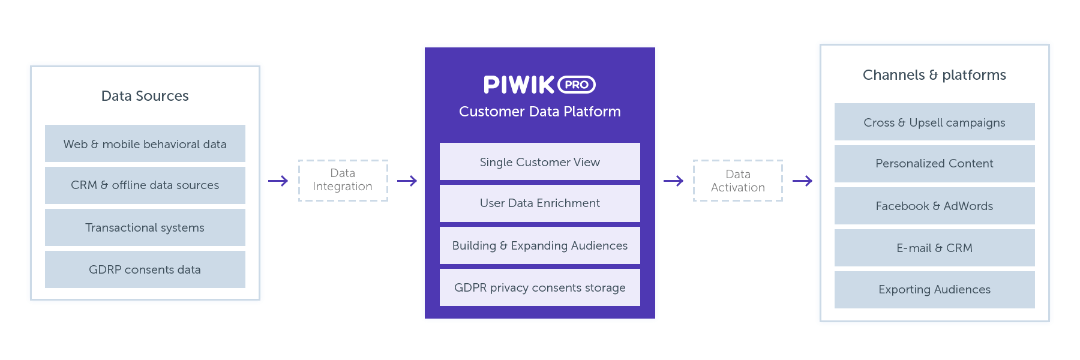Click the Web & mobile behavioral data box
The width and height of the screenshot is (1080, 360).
(145, 143)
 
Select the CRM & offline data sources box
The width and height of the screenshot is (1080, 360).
(145, 185)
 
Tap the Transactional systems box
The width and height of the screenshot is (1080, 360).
(145, 227)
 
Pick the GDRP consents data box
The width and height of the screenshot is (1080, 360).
(145, 269)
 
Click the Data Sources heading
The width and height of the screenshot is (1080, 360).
(145, 96)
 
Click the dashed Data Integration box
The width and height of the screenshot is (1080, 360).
(343, 180)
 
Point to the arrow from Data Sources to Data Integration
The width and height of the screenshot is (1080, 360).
(278, 181)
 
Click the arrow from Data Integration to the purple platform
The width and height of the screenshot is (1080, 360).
(407, 181)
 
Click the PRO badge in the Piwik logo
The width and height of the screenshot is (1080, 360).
(577, 85)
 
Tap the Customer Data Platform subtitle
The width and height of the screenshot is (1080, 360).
(539, 112)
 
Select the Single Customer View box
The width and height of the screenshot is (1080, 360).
(539, 161)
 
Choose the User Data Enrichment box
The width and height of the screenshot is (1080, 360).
(539, 203)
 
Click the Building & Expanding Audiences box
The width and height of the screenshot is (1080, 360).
(539, 245)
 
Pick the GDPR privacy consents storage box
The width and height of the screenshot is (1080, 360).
(539, 287)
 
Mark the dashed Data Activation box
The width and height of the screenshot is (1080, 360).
(737, 181)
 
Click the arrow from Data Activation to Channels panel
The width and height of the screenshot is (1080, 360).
(802, 181)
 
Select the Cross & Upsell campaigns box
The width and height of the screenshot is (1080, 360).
(934, 122)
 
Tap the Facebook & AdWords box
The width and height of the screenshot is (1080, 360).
(934, 206)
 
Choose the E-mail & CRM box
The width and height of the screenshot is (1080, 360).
(934, 248)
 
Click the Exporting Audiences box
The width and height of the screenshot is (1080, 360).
(934, 290)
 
